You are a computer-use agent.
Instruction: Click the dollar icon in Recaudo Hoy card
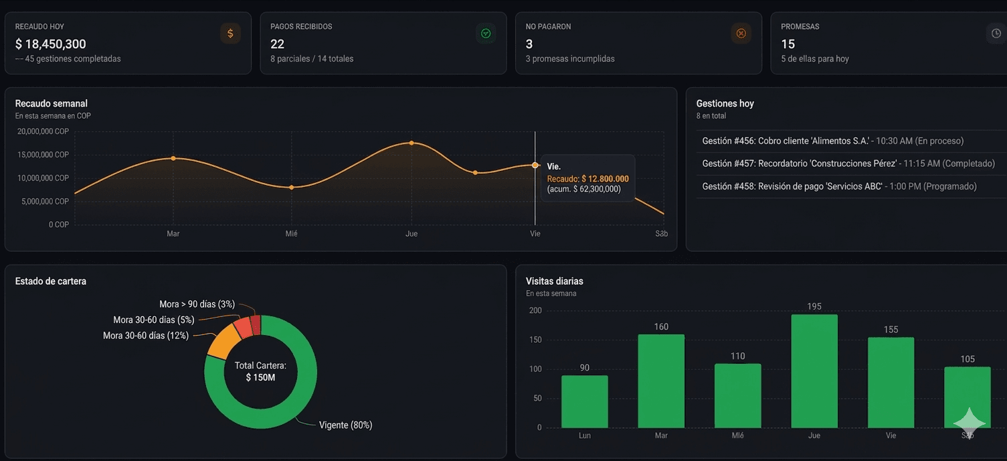point(230,34)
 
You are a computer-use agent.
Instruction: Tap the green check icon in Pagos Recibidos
point(486,34)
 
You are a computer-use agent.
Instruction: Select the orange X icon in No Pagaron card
point(741,34)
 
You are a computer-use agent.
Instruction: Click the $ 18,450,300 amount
point(51,44)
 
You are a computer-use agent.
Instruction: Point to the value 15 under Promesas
point(788,44)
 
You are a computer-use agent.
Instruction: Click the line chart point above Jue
point(411,143)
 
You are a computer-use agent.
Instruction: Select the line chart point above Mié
point(291,188)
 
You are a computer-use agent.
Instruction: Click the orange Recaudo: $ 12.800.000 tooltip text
point(587,179)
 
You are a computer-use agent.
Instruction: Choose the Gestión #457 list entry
point(848,163)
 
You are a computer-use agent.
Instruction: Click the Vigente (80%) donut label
point(345,425)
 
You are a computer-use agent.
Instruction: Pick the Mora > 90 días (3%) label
point(197,304)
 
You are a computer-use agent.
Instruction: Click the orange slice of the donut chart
point(219,340)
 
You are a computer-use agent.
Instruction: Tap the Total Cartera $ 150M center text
point(260,372)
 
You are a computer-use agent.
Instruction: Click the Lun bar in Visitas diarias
point(584,401)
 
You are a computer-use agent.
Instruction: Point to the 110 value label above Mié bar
point(737,356)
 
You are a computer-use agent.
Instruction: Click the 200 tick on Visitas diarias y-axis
point(535,310)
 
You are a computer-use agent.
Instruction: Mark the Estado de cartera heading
point(51,281)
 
